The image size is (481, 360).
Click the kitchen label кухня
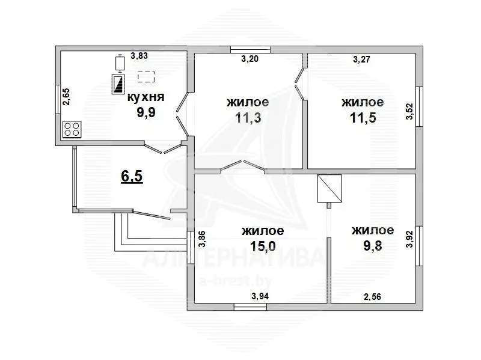[x=146, y=97]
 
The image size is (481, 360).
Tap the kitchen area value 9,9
[x=146, y=112]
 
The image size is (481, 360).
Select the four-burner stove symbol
[x=72, y=129]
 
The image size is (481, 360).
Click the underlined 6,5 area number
[x=132, y=176]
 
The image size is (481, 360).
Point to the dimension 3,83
[x=139, y=56]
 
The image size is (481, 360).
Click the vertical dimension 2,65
[x=66, y=97]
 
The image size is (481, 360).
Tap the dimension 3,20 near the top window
[x=250, y=59]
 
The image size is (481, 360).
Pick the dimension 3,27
[x=362, y=59]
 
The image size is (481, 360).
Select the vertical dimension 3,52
[x=410, y=112]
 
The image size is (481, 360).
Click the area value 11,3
[x=248, y=117]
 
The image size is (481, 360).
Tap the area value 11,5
[x=363, y=117]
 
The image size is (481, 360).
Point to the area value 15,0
[x=263, y=246]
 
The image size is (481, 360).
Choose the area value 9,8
[x=373, y=246]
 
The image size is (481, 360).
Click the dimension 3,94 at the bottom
[x=260, y=296]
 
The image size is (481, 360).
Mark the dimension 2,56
[x=372, y=296]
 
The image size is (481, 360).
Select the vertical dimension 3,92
[x=409, y=239]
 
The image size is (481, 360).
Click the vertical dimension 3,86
[x=201, y=239]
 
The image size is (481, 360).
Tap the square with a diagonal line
[x=329, y=189]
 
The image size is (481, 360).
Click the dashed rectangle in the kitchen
[x=146, y=77]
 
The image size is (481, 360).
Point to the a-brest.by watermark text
[x=236, y=280]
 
